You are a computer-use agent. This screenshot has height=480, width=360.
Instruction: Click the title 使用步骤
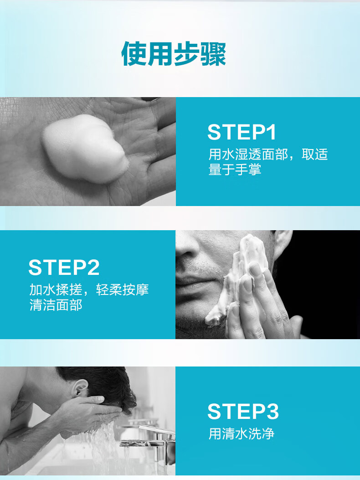pos(174,54)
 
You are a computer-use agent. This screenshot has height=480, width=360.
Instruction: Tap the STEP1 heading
pos(242,132)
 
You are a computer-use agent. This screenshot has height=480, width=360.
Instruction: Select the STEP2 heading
pos(64,268)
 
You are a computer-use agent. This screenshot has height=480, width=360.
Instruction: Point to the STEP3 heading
pos(243,411)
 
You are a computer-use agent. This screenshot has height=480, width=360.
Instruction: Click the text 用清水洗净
pos(241,434)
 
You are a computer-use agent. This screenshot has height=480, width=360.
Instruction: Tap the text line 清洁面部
pos(56,305)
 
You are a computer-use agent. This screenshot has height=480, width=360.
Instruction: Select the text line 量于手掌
pos(235,169)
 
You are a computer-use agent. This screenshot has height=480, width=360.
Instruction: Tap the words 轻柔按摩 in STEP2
pos(123,289)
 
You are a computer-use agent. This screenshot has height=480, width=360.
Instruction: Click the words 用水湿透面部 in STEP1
pos(248,154)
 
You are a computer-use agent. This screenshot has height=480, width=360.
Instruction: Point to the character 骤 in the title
pos(213,54)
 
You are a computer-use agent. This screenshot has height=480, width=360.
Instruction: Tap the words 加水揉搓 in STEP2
pos(56,289)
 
